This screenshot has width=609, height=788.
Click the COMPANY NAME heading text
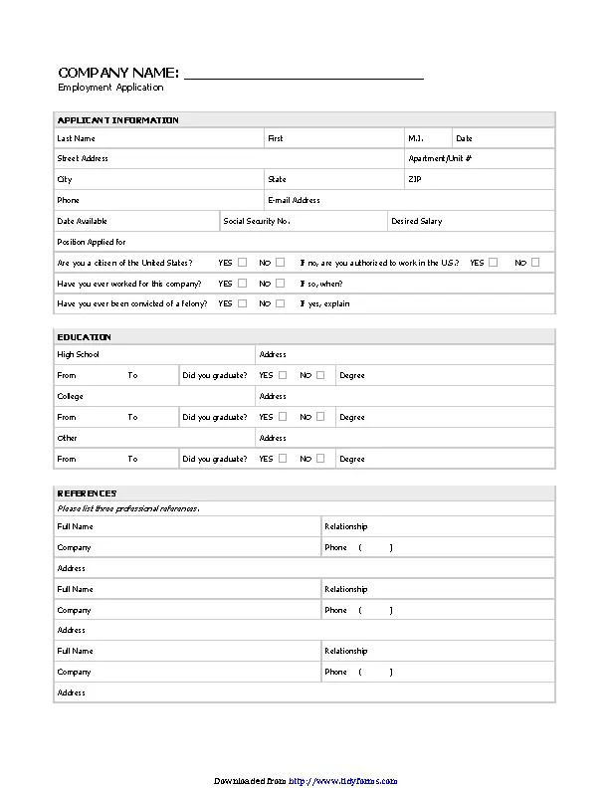(x=118, y=73)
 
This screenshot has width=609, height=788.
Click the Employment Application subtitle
(x=110, y=88)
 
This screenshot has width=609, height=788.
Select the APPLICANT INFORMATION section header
(x=117, y=120)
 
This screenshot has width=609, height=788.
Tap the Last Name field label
(x=77, y=138)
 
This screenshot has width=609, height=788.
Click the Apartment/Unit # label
(x=440, y=158)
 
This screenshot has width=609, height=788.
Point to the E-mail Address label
(x=294, y=200)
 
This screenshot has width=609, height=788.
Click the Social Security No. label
(x=256, y=221)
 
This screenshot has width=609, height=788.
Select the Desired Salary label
(x=417, y=221)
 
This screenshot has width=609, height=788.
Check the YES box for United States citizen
(x=243, y=263)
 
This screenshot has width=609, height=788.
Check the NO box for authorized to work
(x=535, y=263)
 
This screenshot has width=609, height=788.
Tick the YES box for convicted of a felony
(x=243, y=303)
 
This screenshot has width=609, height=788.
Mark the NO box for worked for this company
(x=281, y=284)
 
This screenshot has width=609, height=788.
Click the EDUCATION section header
(x=84, y=337)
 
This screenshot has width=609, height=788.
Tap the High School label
(x=78, y=354)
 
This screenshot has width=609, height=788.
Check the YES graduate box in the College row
(x=283, y=417)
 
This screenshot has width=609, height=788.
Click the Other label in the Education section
(x=67, y=438)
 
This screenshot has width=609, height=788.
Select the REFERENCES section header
(x=87, y=493)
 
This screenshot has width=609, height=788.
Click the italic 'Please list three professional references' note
(x=127, y=508)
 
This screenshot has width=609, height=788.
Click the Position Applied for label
(x=92, y=242)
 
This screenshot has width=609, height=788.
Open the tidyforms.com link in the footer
(x=343, y=781)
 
